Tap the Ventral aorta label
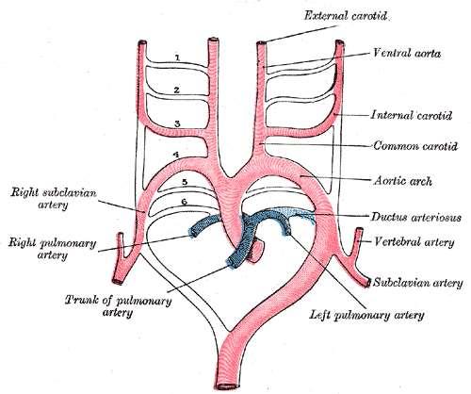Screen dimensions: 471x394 pyautogui.click(x=407, y=53)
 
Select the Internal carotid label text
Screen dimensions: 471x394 pyautogui.click(x=412, y=115)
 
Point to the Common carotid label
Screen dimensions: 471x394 pyautogui.click(x=415, y=146)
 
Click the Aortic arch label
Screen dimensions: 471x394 pyautogui.click(x=402, y=181)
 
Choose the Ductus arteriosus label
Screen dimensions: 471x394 pyautogui.click(x=416, y=217)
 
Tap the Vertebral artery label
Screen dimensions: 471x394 pyautogui.click(x=414, y=242)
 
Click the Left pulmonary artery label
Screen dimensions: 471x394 pyautogui.click(x=366, y=315)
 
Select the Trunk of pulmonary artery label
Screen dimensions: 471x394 pyautogui.click(x=118, y=306)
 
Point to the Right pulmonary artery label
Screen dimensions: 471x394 pyautogui.click(x=52, y=249)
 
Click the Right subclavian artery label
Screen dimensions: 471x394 pyautogui.click(x=54, y=198)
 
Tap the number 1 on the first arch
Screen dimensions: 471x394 pyautogui.click(x=177, y=57)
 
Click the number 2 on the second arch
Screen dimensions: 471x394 pyautogui.click(x=177, y=90)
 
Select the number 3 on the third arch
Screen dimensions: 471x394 pyautogui.click(x=177, y=124)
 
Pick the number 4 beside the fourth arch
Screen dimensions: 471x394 pyautogui.click(x=176, y=155)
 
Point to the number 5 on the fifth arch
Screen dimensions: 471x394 pyautogui.click(x=185, y=182)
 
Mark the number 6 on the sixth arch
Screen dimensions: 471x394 pyautogui.click(x=185, y=202)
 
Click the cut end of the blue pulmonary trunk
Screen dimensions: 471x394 pyautogui.click(x=233, y=262)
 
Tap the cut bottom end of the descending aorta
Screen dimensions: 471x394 pyautogui.click(x=226, y=386)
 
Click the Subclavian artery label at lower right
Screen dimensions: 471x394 pyautogui.click(x=418, y=283)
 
